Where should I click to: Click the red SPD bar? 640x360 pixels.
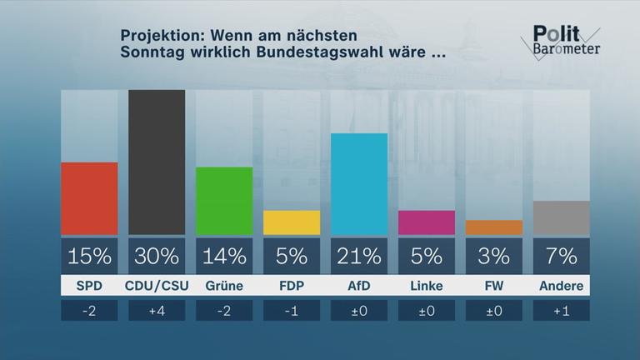pos(89,198)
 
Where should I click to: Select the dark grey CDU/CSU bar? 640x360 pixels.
pos(157,162)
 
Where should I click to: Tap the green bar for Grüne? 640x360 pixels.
pos(224,201)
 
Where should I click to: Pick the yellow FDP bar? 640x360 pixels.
pos(292,222)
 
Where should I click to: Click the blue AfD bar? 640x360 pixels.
pos(359,184)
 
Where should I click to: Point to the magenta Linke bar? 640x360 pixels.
pos(427,222)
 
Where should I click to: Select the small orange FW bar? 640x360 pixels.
pos(494,227)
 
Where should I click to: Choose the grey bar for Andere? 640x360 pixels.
pos(562,217)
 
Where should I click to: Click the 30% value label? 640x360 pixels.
pos(157,256)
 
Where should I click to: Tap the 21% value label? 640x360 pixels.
pos(359,256)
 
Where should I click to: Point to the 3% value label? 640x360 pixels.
pos(494,256)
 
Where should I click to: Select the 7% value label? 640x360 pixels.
pos(562,256)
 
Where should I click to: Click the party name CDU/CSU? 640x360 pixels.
pos(157,286)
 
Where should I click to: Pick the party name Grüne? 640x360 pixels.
pos(224,286)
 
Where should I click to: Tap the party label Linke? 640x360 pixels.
pos(427,286)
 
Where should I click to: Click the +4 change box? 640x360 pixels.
pos(157,311)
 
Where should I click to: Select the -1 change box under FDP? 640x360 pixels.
pos(292,311)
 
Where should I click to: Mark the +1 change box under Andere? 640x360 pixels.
pos(562,311)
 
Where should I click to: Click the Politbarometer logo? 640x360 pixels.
pos(564,39)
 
